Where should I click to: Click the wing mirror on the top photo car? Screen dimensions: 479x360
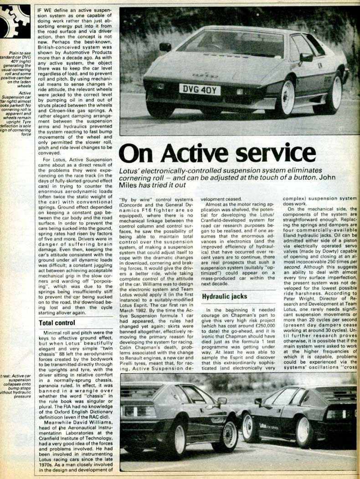coord(306,57)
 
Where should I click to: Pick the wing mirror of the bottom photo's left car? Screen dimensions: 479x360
coord(222,401)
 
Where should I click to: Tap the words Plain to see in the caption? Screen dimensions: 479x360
coord(19,54)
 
